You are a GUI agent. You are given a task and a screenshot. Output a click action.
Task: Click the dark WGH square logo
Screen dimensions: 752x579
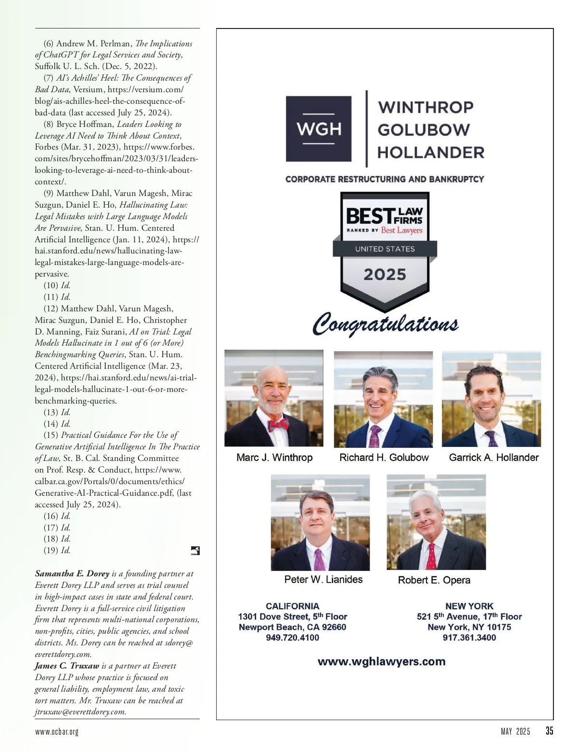[x=318, y=128]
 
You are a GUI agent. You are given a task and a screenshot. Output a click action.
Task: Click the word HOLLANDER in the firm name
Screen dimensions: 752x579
[x=430, y=153]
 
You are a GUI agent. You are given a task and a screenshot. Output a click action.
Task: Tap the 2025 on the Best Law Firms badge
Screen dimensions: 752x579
[x=385, y=275]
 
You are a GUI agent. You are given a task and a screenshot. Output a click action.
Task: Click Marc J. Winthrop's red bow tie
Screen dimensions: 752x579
[x=278, y=425]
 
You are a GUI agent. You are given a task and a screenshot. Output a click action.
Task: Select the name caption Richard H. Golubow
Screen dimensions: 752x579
[x=384, y=458]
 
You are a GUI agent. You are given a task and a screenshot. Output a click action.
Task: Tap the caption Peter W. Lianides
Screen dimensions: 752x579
[x=323, y=579]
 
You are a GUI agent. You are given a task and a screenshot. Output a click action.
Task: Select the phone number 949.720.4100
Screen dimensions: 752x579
[x=292, y=638]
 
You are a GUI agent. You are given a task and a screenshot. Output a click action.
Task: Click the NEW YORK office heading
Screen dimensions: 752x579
[x=469, y=606]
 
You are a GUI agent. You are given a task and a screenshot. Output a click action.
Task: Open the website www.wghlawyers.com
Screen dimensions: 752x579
[x=381, y=661]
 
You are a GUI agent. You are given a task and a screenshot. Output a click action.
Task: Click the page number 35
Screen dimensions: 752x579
[x=549, y=731]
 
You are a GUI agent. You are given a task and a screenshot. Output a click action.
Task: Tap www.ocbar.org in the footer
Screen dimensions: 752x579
[x=56, y=732]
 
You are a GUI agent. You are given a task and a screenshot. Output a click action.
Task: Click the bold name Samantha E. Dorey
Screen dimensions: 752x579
[x=72, y=573]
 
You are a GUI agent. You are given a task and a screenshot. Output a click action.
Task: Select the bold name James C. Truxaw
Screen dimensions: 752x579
[x=67, y=666]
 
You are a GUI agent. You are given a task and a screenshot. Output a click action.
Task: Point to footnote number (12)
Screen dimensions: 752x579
[x=51, y=308]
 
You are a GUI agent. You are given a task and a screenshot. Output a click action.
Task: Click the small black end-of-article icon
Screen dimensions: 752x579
[x=195, y=551]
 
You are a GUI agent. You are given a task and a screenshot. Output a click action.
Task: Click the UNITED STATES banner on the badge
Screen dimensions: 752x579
[x=385, y=249]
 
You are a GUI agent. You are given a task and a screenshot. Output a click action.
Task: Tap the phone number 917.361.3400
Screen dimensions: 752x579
[x=469, y=638]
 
